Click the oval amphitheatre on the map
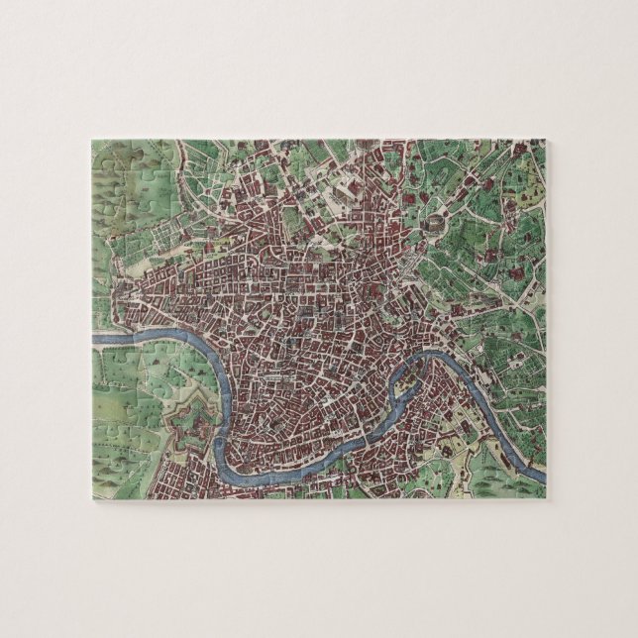(432, 229)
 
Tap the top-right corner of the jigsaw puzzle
(546, 140)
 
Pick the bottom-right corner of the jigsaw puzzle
(546, 498)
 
